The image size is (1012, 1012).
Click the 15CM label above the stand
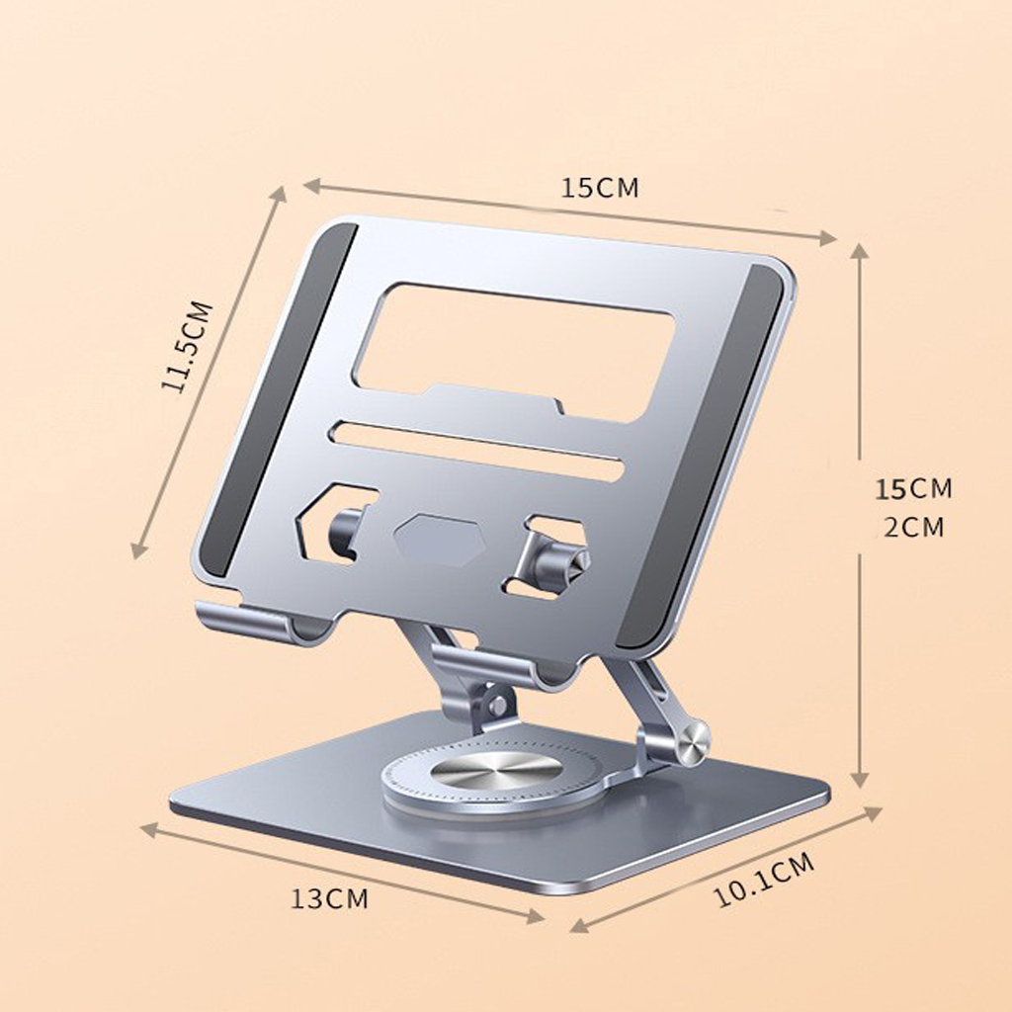600,187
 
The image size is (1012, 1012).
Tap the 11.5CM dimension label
187,346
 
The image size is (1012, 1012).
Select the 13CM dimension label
329,898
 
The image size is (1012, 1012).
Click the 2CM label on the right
914,528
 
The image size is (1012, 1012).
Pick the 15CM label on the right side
913,489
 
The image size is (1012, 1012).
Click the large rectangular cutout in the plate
514,352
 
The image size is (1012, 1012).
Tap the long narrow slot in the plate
478,451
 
